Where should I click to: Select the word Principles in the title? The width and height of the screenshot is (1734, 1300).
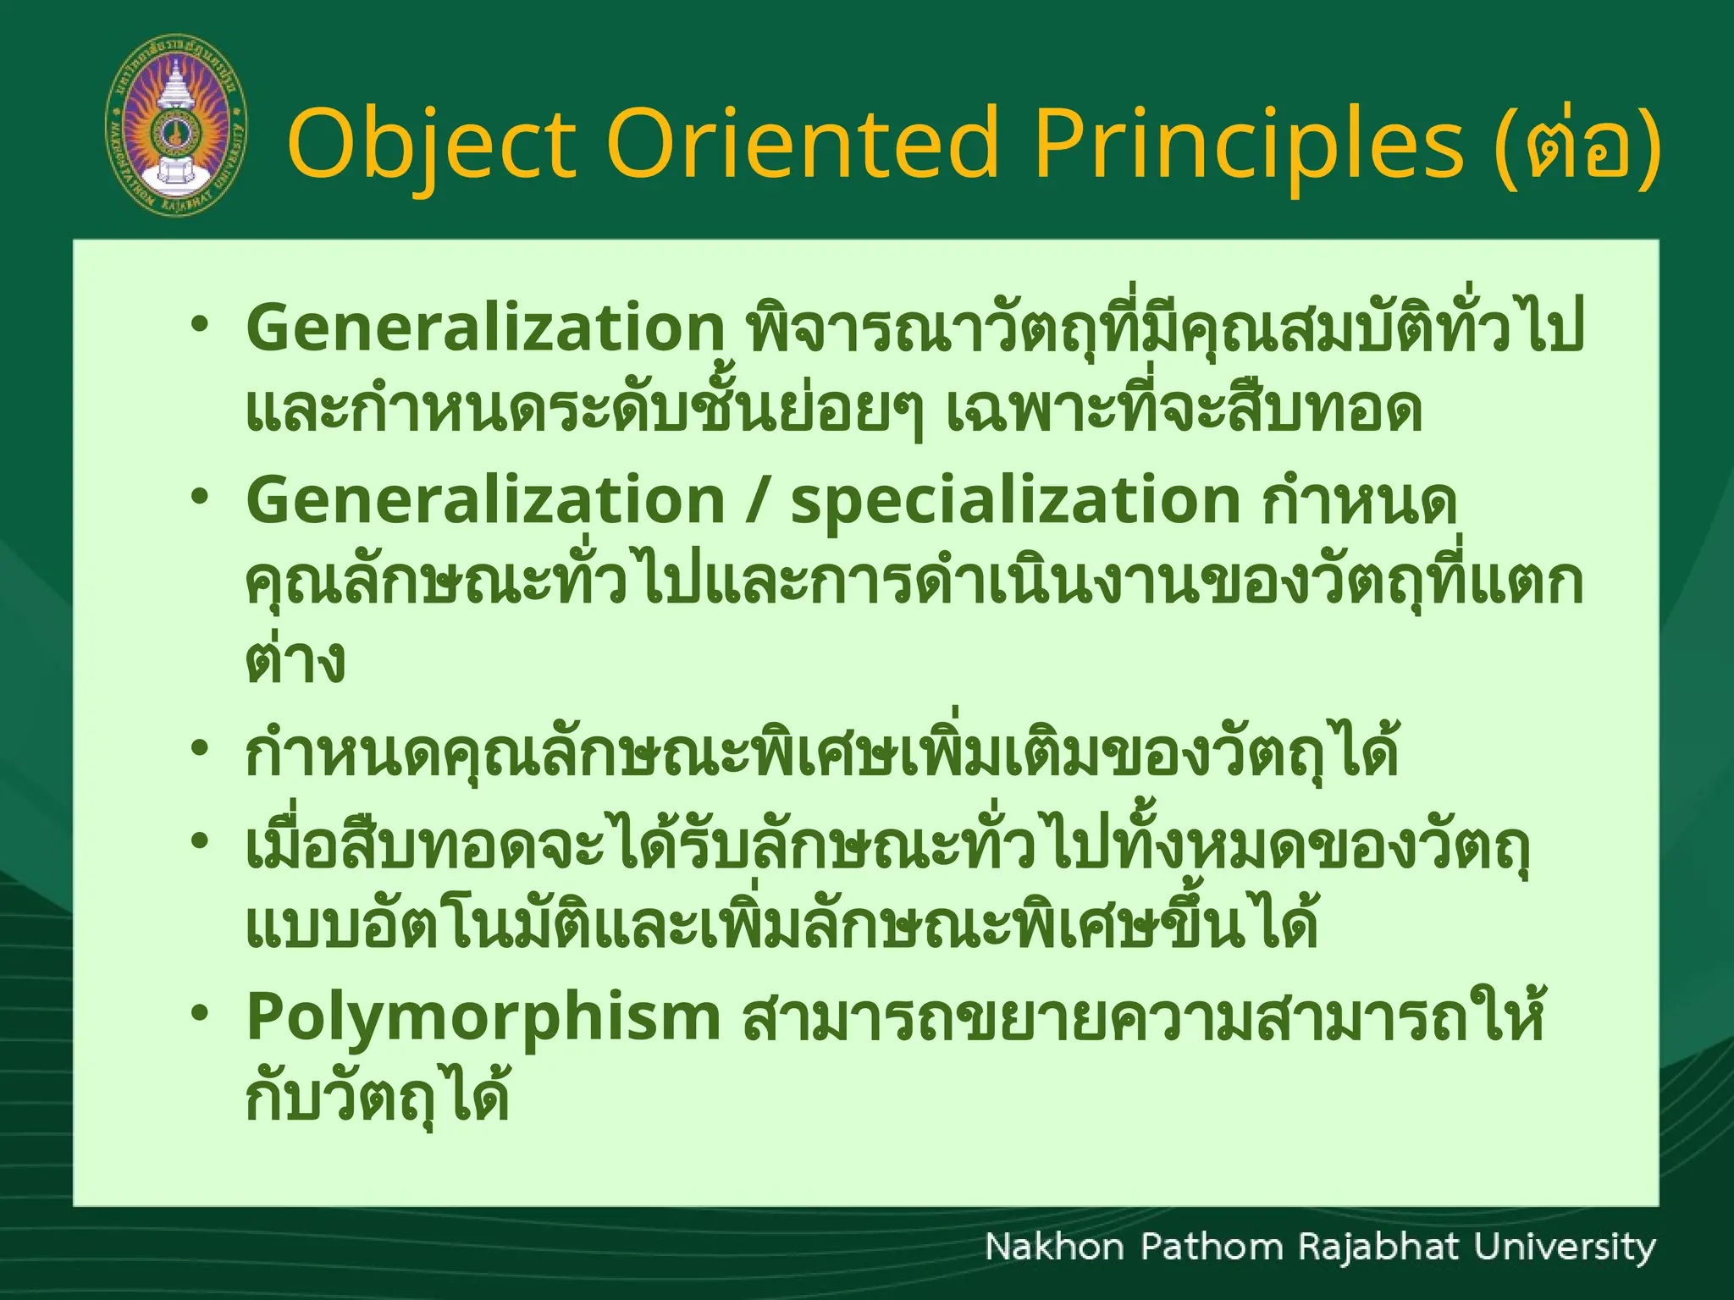tap(1248, 144)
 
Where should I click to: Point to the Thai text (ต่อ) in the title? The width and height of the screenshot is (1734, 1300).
tap(1577, 144)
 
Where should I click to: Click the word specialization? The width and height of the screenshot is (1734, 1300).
tap(1015, 500)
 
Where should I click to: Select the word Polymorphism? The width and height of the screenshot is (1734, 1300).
tap(483, 1017)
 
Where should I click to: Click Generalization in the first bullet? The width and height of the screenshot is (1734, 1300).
tap(485, 328)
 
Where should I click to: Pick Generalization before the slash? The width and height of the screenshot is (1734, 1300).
tap(485, 500)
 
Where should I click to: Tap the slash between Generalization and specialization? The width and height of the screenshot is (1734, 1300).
tap(758, 500)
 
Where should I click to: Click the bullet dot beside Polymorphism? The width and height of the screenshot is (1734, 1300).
tap(199, 1013)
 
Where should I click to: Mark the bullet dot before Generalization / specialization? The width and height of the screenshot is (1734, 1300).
tap(199, 497)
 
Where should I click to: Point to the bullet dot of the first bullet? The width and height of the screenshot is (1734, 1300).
tap(199, 325)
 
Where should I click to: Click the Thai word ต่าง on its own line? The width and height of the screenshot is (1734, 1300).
tap(295, 661)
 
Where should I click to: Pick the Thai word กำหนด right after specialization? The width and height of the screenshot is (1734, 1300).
tap(1359, 502)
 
